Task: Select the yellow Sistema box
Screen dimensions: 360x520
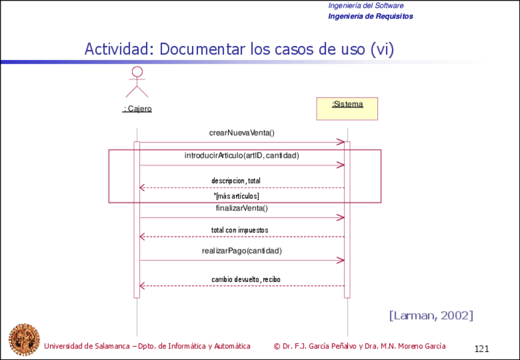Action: point(346,109)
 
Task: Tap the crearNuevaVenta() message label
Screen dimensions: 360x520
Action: point(242,132)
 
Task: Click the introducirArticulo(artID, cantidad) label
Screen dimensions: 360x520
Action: point(242,156)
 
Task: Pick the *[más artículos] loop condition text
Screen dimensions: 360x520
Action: point(236,196)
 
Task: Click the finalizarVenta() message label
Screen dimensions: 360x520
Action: point(242,208)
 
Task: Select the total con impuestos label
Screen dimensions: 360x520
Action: point(240,230)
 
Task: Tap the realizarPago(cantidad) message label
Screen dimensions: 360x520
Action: point(242,251)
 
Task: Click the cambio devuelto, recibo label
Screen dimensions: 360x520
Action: point(246,279)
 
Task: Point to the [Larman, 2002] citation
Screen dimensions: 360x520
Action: point(430,315)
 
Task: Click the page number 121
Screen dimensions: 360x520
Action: point(481,348)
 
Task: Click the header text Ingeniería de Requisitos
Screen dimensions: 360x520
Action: point(370,16)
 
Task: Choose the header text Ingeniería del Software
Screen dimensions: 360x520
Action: point(365,6)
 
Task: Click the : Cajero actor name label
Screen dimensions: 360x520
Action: point(137,109)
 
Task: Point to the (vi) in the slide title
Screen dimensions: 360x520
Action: point(381,49)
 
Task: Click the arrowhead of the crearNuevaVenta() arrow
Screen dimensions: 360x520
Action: point(341,142)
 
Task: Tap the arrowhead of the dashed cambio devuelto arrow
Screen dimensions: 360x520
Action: point(143,286)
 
